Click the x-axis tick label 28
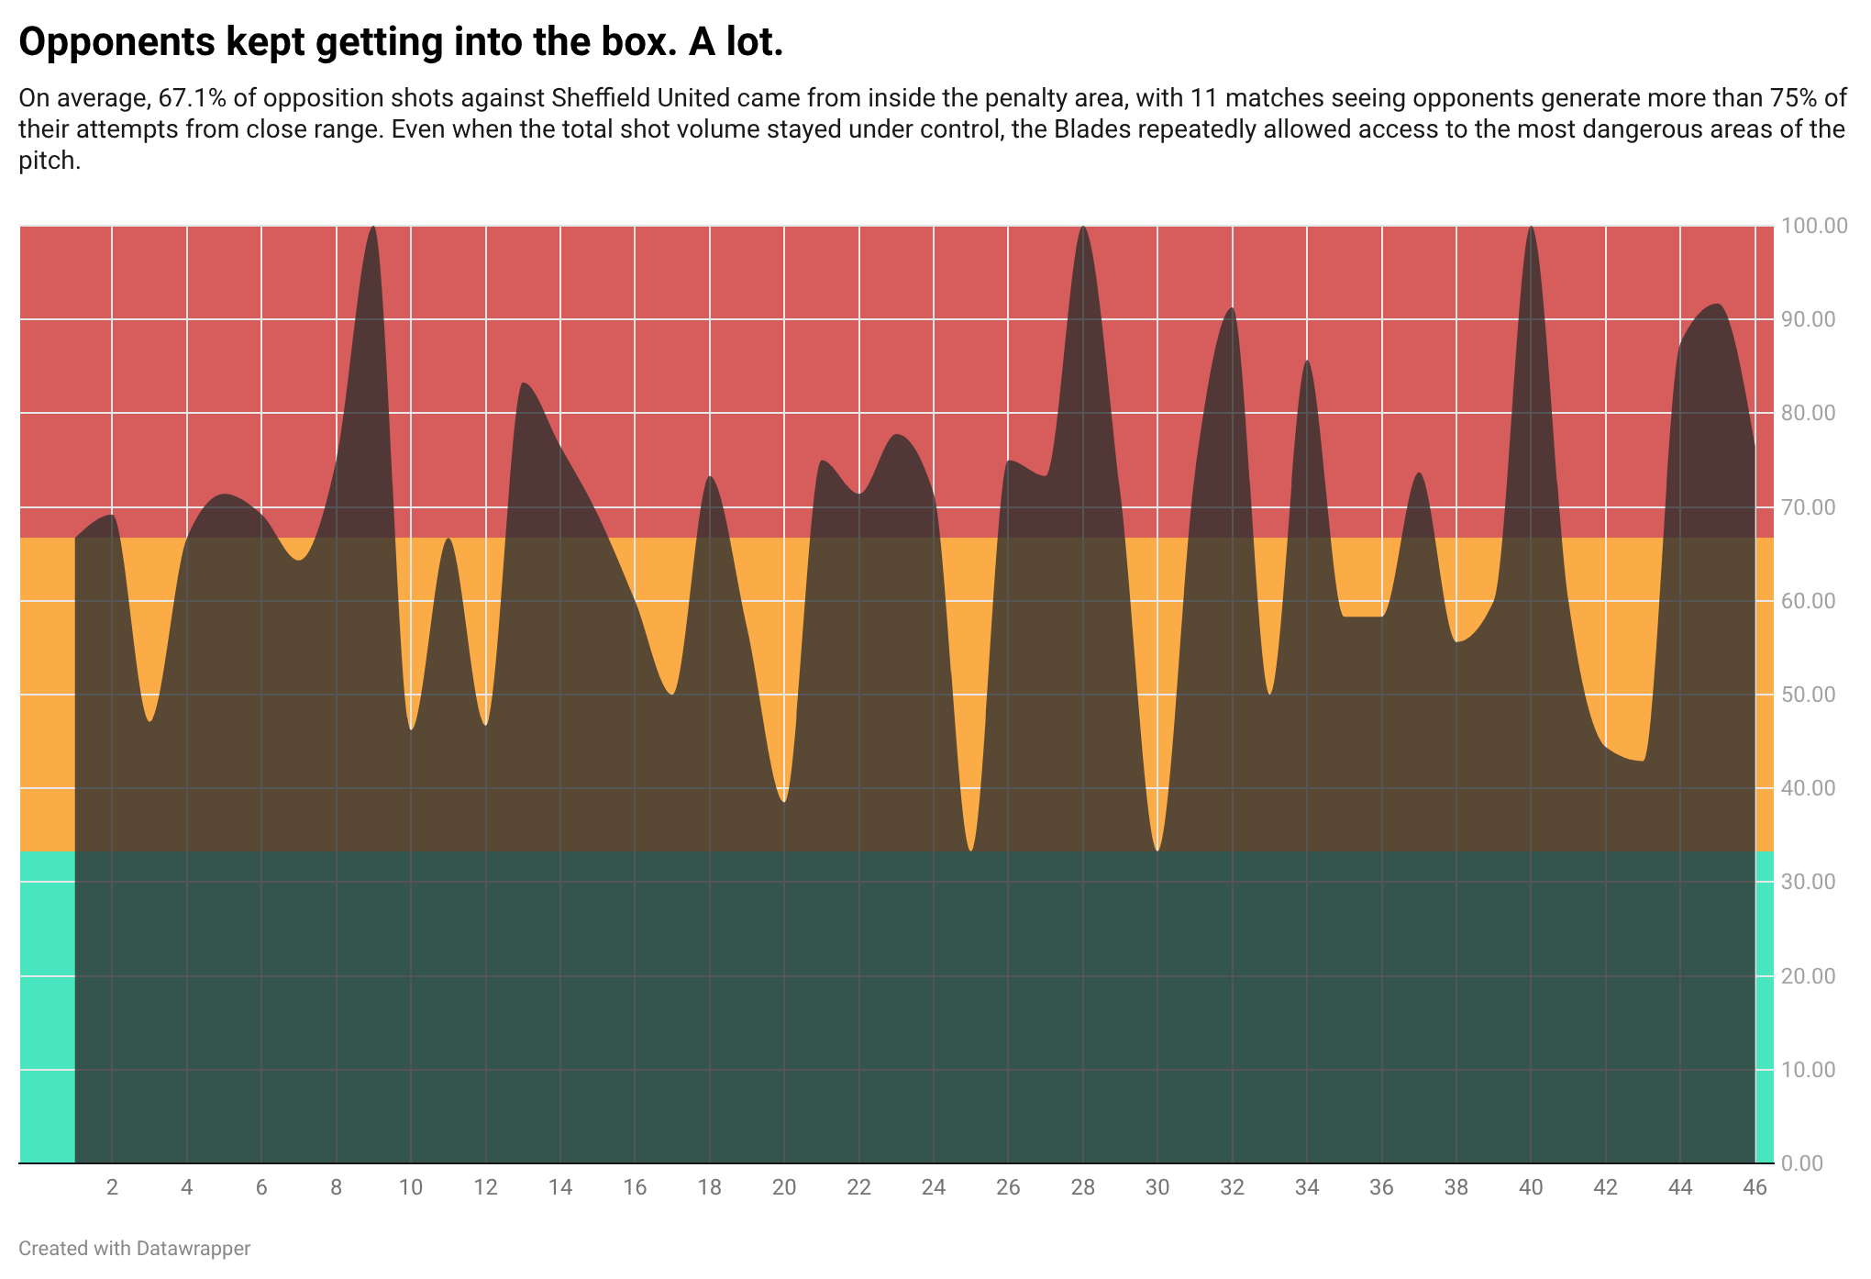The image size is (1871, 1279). pos(1083,1187)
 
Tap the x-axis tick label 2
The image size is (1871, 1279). pos(112,1187)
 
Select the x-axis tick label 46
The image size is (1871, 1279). pos(1755,1187)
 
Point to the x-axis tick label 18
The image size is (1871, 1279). pos(709,1187)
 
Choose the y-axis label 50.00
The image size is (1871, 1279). pos(1809,695)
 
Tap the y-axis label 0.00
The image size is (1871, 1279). pos(1803,1163)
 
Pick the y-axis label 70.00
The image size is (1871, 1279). pos(1809,507)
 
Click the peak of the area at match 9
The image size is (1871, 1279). pos(372,227)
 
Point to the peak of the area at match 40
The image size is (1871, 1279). pos(1531,227)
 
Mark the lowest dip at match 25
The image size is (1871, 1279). pos(971,850)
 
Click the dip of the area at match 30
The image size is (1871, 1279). pos(1157,850)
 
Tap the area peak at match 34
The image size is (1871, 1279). pos(1307,361)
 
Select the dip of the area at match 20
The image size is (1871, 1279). pos(784,801)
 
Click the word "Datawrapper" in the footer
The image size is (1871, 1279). pos(194,1249)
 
